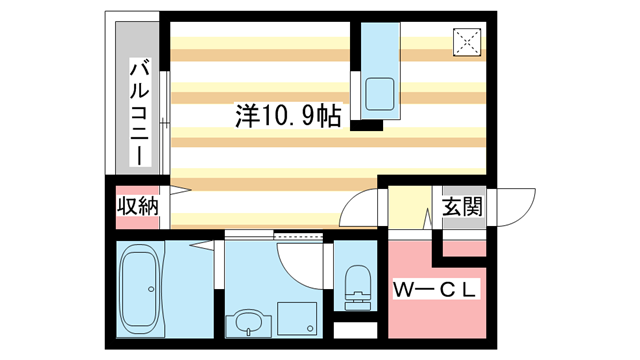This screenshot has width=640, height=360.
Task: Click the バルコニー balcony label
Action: coord(141,113)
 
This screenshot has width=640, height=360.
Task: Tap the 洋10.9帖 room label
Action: coord(288,116)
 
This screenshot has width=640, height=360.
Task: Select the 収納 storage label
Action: coord(137,207)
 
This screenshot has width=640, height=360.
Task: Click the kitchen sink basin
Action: coord(381,94)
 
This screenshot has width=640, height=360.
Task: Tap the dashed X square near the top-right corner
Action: coord(468,41)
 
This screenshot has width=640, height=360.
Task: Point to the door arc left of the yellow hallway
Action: coord(360,210)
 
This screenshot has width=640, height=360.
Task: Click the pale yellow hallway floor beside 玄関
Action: coord(408,210)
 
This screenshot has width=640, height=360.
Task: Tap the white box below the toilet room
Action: coord(355,329)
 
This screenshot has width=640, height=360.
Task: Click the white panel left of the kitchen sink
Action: coord(355,95)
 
